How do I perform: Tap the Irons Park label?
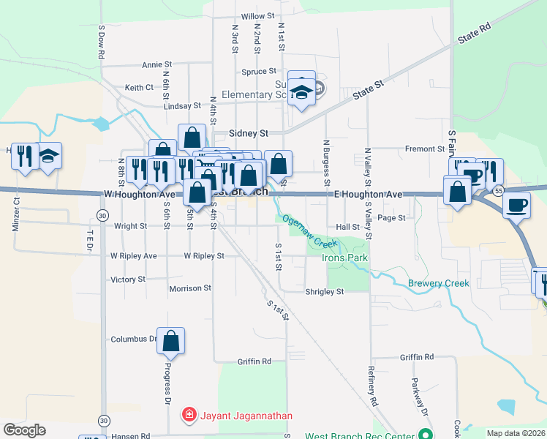pyautogui.click(x=345, y=258)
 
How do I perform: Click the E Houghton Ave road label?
pyautogui.click(x=369, y=195)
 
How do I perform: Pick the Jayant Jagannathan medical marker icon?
pyautogui.click(x=189, y=416)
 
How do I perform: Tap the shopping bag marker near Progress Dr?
pyautogui.click(x=170, y=340)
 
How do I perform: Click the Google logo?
pyautogui.click(x=24, y=430)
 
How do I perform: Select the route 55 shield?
pyautogui.click(x=498, y=190)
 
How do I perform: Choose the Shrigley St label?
pyautogui.click(x=323, y=292)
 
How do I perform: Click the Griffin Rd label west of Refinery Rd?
pyautogui.click(x=254, y=361)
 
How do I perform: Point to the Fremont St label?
pyautogui.click(x=425, y=149)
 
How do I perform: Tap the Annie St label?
pyautogui.click(x=156, y=64)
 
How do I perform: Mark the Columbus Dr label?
pyautogui.click(x=134, y=339)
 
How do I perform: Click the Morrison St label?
pyautogui.click(x=190, y=288)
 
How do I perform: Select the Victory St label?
pyautogui.click(x=128, y=279)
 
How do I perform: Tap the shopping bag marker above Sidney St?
pyautogui.click(x=192, y=136)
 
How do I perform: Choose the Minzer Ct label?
pyautogui.click(x=15, y=214)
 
